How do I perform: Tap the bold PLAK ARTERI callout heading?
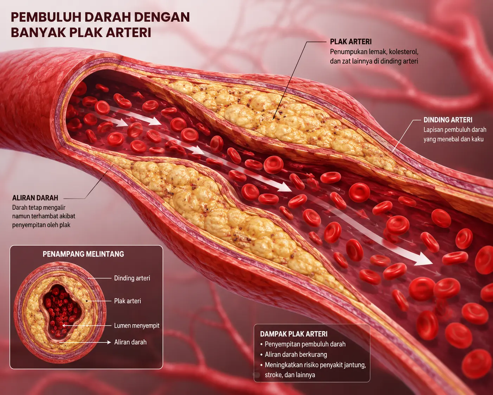[x=351, y=42]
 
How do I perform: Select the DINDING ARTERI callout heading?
[x=448, y=120]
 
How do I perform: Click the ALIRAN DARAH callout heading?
[x=35, y=198]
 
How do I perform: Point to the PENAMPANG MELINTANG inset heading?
[x=83, y=254]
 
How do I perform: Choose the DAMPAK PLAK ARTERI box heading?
[x=294, y=334]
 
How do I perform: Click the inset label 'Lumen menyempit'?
[x=137, y=326]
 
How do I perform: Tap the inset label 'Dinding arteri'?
[x=132, y=278]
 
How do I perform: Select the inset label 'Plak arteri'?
[x=128, y=301]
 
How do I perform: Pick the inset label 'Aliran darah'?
[x=130, y=342]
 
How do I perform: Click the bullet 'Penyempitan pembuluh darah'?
[x=305, y=344]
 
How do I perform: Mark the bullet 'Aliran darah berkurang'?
[x=296, y=355]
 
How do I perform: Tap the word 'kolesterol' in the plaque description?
[x=404, y=52]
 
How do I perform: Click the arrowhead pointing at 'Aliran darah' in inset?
[x=109, y=342]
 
